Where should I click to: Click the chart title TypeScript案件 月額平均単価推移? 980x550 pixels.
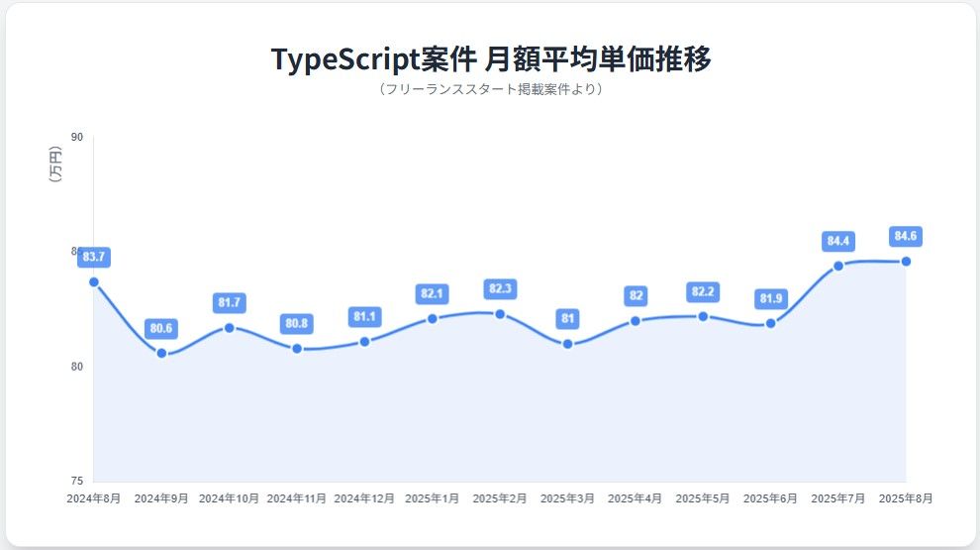tap(491, 58)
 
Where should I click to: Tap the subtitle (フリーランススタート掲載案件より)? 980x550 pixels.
tap(491, 89)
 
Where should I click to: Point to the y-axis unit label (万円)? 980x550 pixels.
tap(55, 165)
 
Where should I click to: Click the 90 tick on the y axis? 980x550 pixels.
tap(76, 137)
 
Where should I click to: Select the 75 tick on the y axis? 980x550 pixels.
tap(76, 481)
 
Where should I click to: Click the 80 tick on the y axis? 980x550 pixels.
tap(76, 367)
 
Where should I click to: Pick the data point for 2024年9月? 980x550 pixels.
tap(161, 353)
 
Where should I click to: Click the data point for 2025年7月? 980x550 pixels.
tap(838, 266)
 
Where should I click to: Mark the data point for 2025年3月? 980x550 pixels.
tap(568, 344)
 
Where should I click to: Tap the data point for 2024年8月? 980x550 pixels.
tap(94, 281)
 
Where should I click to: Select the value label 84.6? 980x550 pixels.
tap(906, 237)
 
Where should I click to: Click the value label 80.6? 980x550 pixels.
tap(161, 328)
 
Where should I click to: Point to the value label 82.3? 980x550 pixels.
tap(500, 289)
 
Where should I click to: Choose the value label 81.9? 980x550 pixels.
tap(771, 298)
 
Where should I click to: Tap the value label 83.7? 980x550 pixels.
tap(94, 258)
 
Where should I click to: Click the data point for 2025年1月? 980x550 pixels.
tap(433, 318)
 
